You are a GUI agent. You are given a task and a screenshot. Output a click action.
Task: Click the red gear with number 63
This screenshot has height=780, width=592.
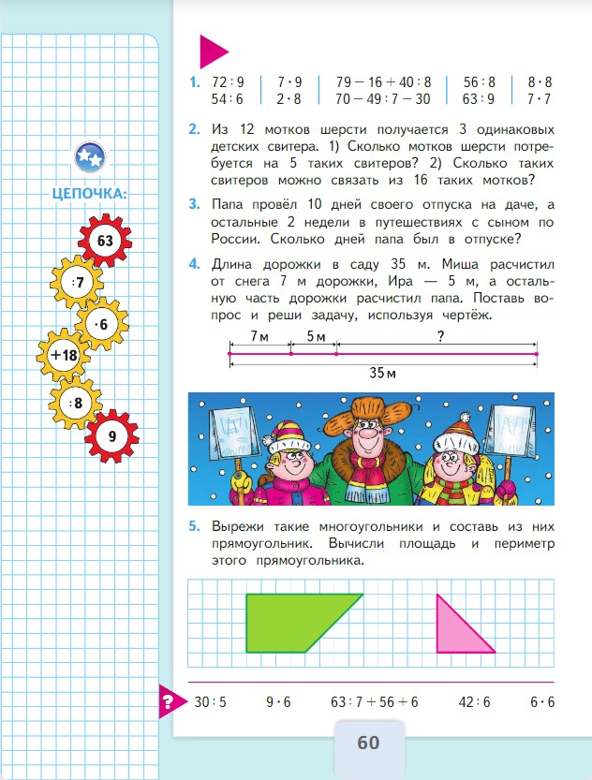104,242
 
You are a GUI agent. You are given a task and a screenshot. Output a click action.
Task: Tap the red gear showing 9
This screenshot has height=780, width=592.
111,436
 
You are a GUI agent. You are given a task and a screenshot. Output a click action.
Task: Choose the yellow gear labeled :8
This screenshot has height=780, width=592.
74,404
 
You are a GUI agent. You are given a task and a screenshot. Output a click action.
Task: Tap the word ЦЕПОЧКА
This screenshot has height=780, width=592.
91,194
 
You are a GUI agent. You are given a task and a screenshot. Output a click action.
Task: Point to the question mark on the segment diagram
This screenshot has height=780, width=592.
439,335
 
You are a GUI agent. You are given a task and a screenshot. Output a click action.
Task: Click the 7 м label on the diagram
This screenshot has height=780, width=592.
251,336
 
